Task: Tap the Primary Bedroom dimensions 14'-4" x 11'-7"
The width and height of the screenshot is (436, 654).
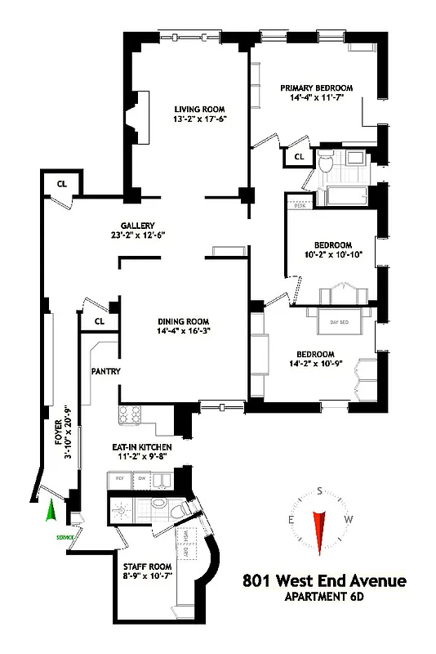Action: pos(316,99)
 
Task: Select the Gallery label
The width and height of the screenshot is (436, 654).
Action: pos(137,226)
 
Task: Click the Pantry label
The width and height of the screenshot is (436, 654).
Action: pos(106,371)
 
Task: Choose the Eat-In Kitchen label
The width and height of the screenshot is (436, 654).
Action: pos(141,447)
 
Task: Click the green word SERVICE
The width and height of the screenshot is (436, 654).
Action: pos(65,537)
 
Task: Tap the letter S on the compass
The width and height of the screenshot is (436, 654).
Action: pos(319,490)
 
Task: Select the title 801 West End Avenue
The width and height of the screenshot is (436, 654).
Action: pos(324,581)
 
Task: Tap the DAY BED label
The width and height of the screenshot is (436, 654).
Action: pos(339,323)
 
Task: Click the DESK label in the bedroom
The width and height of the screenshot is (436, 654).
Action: pos(299,205)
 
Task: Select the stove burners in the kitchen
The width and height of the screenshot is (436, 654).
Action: pos(131,414)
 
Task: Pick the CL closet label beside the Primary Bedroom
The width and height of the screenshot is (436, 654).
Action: pos(299,156)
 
